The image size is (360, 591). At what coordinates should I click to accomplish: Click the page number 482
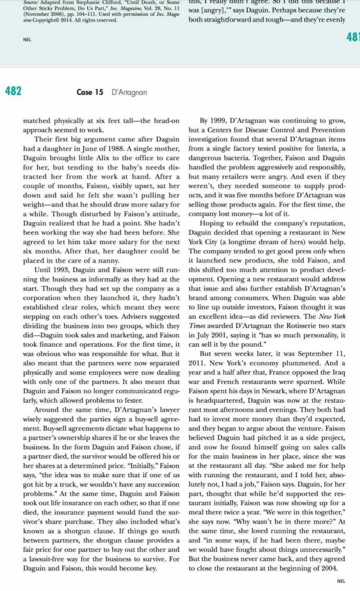click(13, 91)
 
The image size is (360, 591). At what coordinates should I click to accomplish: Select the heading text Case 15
click(90, 92)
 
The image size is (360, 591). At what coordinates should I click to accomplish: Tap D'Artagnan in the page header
click(129, 92)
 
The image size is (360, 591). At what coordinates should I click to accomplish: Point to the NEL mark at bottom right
click(341, 581)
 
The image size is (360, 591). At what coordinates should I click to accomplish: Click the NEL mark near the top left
click(27, 39)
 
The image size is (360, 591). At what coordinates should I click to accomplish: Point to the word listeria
click(323, 148)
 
